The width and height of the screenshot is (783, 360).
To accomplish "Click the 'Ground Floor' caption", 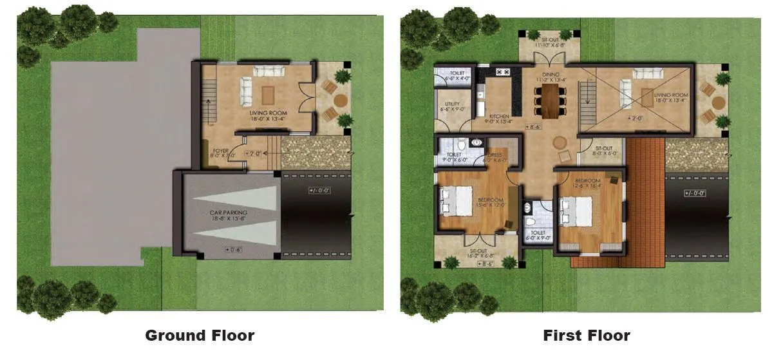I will tap(200, 336).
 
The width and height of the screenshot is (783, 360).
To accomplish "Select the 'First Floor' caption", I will tap(586, 336).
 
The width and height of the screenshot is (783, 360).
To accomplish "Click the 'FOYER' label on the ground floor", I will tap(221, 151).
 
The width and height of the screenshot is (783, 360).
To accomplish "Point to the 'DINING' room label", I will tap(551, 75).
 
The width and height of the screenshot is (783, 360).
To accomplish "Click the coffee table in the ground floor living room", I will tap(266, 94).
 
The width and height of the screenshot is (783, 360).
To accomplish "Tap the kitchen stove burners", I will tap(503, 71).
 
